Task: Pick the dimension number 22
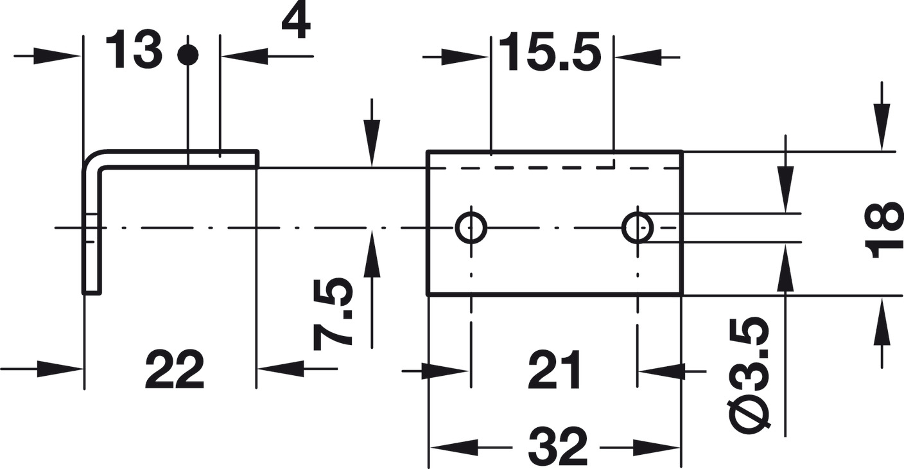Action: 174,371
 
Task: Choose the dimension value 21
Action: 554,371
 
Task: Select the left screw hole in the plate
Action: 471,227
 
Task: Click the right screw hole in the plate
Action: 638,227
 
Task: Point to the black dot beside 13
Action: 188,55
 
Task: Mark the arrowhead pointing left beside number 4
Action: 244,57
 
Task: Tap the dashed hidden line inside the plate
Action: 552,168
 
